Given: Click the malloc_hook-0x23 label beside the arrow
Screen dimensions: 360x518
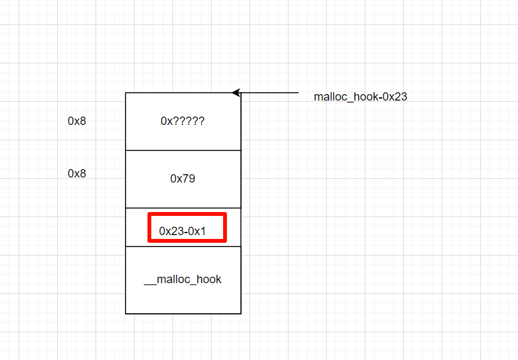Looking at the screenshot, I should [x=360, y=97].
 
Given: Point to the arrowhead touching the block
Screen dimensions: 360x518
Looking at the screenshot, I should [x=236, y=93].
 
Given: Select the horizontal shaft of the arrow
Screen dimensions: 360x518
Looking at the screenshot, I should [x=269, y=93].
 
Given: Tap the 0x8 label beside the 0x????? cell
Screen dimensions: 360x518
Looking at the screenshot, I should [x=77, y=120].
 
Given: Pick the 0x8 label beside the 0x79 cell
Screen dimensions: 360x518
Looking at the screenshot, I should [x=77, y=174].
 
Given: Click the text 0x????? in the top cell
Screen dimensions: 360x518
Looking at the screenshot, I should [x=183, y=120].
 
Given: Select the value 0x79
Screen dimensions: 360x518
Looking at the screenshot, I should [x=183, y=179].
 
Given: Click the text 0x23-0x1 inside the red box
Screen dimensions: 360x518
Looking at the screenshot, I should [x=183, y=231].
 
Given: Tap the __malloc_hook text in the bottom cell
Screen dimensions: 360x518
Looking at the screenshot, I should [x=183, y=279].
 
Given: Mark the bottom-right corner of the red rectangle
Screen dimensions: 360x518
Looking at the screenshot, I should [x=225, y=241].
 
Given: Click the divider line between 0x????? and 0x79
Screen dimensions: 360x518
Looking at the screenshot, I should [x=183, y=151].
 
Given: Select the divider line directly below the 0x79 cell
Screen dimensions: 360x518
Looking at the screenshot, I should [x=183, y=208].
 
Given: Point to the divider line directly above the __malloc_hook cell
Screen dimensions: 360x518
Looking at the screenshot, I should [x=183, y=247].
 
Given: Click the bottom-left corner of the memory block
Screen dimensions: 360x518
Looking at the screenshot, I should [x=126, y=314].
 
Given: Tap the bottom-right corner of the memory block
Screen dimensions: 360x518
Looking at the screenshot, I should [x=241, y=314].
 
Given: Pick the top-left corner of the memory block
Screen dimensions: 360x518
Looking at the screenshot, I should [x=126, y=93].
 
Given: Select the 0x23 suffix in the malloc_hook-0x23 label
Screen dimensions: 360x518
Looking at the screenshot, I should [x=395, y=97].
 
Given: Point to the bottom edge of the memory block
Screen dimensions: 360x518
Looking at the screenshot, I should [x=183, y=314].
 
